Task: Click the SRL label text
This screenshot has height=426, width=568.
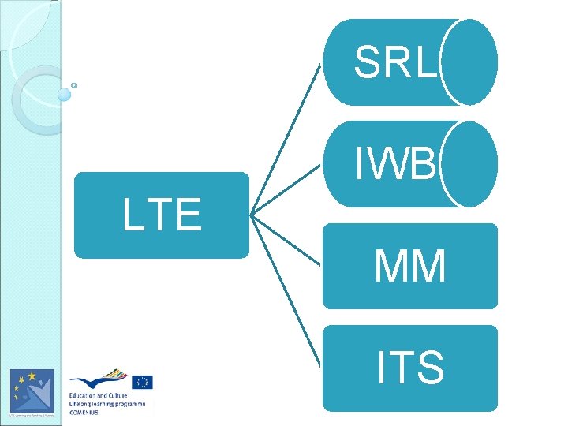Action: (394, 62)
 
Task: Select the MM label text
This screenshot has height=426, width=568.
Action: (410, 266)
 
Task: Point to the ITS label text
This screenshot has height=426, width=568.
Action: (410, 367)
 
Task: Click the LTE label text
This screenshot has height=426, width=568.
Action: (162, 215)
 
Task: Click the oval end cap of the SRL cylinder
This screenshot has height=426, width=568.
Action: (470, 62)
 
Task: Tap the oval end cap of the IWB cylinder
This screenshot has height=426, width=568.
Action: (470, 164)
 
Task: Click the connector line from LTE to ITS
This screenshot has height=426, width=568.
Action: (287, 292)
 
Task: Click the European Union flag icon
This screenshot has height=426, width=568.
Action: (142, 383)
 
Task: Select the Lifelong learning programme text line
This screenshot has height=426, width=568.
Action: (107, 403)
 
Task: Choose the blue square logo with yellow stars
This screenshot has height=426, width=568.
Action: (32, 390)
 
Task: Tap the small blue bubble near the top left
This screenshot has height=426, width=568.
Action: (65, 95)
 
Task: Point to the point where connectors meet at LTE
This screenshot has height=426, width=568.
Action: (251, 215)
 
